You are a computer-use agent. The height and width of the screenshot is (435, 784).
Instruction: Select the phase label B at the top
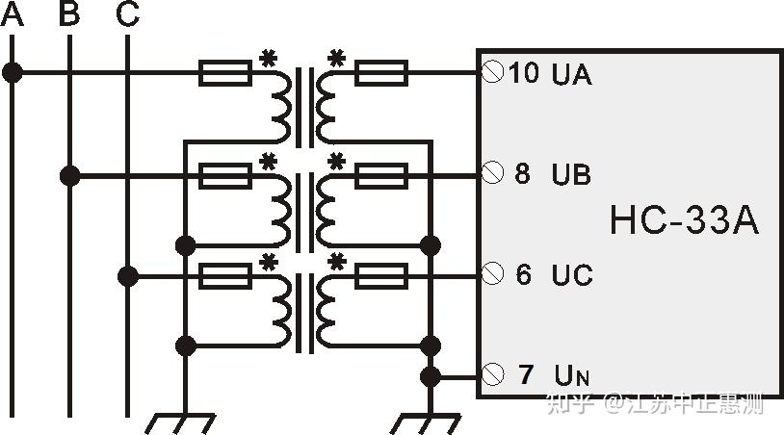pyautogui.click(x=69, y=14)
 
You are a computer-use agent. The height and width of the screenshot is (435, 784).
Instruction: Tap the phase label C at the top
pyautogui.click(x=127, y=14)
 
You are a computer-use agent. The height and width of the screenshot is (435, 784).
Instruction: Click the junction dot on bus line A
pyautogui.click(x=12, y=72)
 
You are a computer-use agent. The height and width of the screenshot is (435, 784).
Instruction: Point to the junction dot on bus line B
pyautogui.click(x=69, y=175)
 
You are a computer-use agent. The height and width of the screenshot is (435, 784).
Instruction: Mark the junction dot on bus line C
pyautogui.click(x=127, y=277)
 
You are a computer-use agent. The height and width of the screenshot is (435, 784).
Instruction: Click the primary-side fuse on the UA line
pyautogui.click(x=225, y=72)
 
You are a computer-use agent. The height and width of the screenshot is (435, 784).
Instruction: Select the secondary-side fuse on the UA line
pyautogui.click(x=381, y=72)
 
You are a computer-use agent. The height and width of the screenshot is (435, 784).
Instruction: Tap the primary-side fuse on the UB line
pyautogui.click(x=225, y=175)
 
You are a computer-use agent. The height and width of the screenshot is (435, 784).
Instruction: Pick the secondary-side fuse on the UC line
pyautogui.click(x=381, y=277)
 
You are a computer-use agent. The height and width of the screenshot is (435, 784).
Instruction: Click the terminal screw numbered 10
pyautogui.click(x=492, y=72)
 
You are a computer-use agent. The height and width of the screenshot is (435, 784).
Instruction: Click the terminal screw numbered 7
pyautogui.click(x=492, y=373)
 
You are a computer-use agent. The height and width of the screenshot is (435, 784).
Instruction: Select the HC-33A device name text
pyautogui.click(x=684, y=221)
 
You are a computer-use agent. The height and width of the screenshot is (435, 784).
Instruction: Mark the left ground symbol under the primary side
pyautogui.click(x=183, y=422)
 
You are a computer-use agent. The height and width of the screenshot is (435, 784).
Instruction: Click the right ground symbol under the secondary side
pyautogui.click(x=430, y=422)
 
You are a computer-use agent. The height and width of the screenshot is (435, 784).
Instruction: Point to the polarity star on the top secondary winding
pyautogui.click(x=336, y=58)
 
